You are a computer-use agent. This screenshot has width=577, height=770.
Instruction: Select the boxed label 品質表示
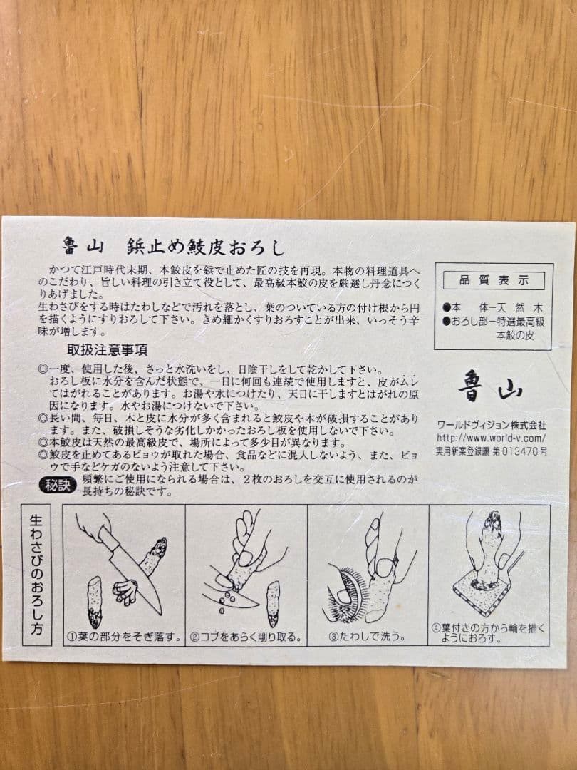click(x=494, y=280)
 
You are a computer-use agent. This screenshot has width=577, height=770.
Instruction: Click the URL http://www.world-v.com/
click(x=491, y=438)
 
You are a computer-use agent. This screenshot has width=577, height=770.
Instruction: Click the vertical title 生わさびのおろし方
click(x=36, y=574)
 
